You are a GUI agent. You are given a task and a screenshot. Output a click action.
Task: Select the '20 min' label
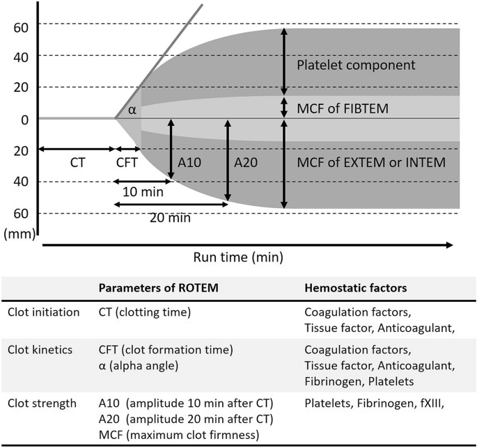169,216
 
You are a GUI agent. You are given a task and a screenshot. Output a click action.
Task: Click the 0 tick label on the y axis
24,119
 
